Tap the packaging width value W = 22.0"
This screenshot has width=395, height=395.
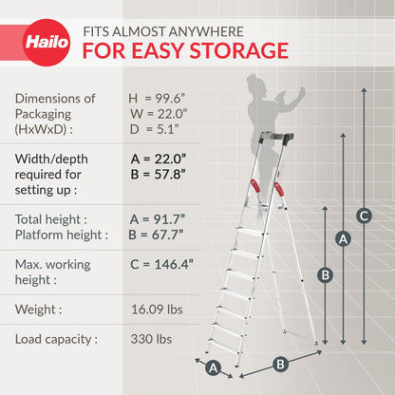[x=158, y=115]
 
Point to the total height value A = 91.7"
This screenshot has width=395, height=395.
[x=158, y=218]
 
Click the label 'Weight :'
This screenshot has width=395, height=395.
[x=39, y=309]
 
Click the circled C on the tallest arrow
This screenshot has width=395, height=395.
[x=364, y=214]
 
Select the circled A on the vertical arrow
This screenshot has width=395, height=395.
[x=344, y=239]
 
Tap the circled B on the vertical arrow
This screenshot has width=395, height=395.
[x=324, y=274]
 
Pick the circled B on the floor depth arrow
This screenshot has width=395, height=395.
[x=280, y=363]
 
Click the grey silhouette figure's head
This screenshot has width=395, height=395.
[x=257, y=81]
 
